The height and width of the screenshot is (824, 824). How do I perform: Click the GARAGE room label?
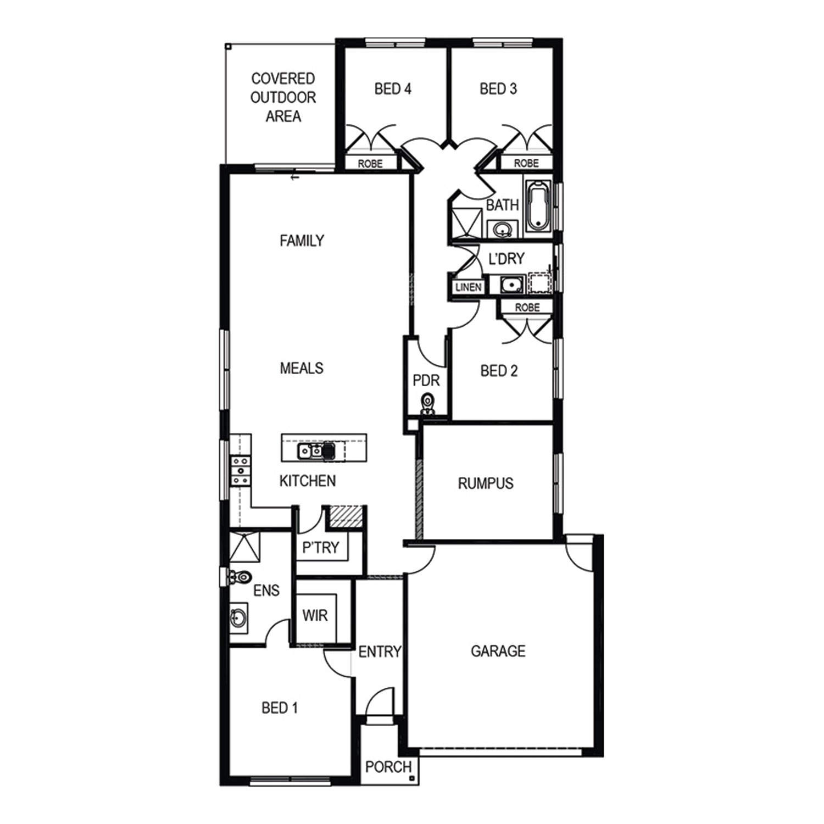pos(498,651)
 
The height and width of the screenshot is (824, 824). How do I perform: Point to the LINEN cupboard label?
pos(468,287)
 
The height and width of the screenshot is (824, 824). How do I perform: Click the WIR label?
pos(315,615)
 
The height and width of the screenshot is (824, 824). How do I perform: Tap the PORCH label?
pos(388,766)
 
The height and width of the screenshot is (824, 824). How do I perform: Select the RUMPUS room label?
pos(486,483)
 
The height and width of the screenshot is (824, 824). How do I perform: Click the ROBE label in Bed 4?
pos(370,164)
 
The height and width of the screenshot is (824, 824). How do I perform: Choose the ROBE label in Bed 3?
pos(526,163)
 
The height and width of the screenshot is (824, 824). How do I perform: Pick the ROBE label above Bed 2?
pos(527,308)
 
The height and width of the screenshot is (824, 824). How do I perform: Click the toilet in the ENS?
pos(238,577)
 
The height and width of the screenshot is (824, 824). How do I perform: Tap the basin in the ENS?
pos(238,619)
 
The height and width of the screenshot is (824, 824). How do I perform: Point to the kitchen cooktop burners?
pos(241,471)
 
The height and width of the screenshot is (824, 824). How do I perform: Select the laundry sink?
pos(511,285)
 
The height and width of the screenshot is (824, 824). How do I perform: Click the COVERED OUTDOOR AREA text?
pos(283,97)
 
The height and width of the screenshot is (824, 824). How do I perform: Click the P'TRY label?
pos(321,547)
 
